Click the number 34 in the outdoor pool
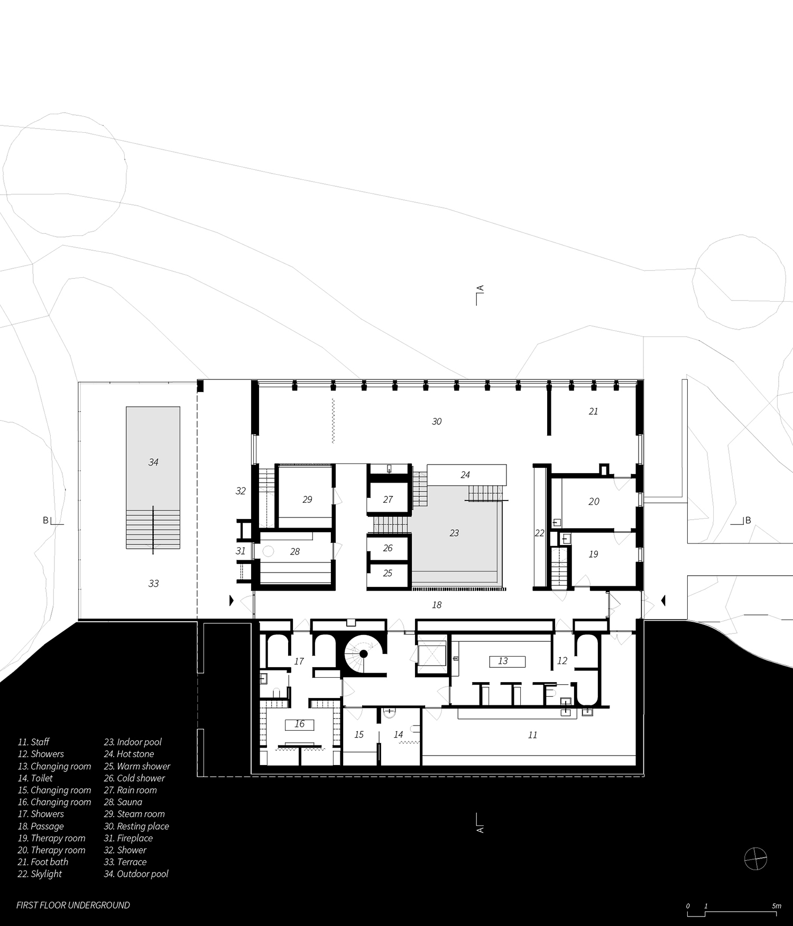(153, 462)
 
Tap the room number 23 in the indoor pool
(454, 533)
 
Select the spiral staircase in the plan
(363, 655)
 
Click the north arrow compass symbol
(755, 858)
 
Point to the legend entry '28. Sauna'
(123, 802)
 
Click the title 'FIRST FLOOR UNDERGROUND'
(73, 905)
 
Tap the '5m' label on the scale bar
(776, 906)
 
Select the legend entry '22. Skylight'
(40, 874)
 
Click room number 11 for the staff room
(532, 735)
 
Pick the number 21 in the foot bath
(593, 411)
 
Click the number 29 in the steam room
(307, 500)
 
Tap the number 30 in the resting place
(437, 422)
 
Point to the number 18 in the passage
(437, 605)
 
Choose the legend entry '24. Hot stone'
(128, 754)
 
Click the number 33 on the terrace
(153, 584)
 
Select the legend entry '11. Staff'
(33, 742)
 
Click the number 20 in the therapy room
(594, 502)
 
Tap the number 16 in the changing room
(300, 724)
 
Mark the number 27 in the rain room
(388, 500)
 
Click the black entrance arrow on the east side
(663, 600)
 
